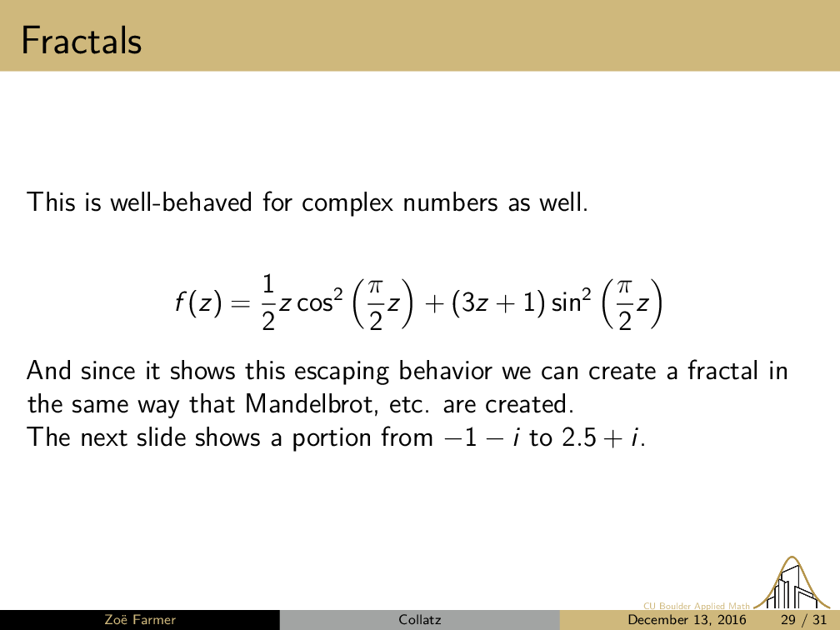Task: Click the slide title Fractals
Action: [x=82, y=41]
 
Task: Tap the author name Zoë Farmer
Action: [x=140, y=620]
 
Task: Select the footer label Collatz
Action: [x=419, y=620]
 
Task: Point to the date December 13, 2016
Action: [x=687, y=620]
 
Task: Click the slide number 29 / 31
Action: [x=803, y=620]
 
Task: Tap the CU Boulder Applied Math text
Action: [x=697, y=606]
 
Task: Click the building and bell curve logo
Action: [x=792, y=582]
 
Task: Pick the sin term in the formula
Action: [x=571, y=301]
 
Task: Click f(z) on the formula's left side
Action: [x=197, y=303]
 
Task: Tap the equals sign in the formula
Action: [x=241, y=303]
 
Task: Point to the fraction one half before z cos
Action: [x=268, y=302]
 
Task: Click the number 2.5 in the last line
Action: [x=579, y=437]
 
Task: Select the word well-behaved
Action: [x=181, y=202]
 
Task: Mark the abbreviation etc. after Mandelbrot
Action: [x=408, y=405]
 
